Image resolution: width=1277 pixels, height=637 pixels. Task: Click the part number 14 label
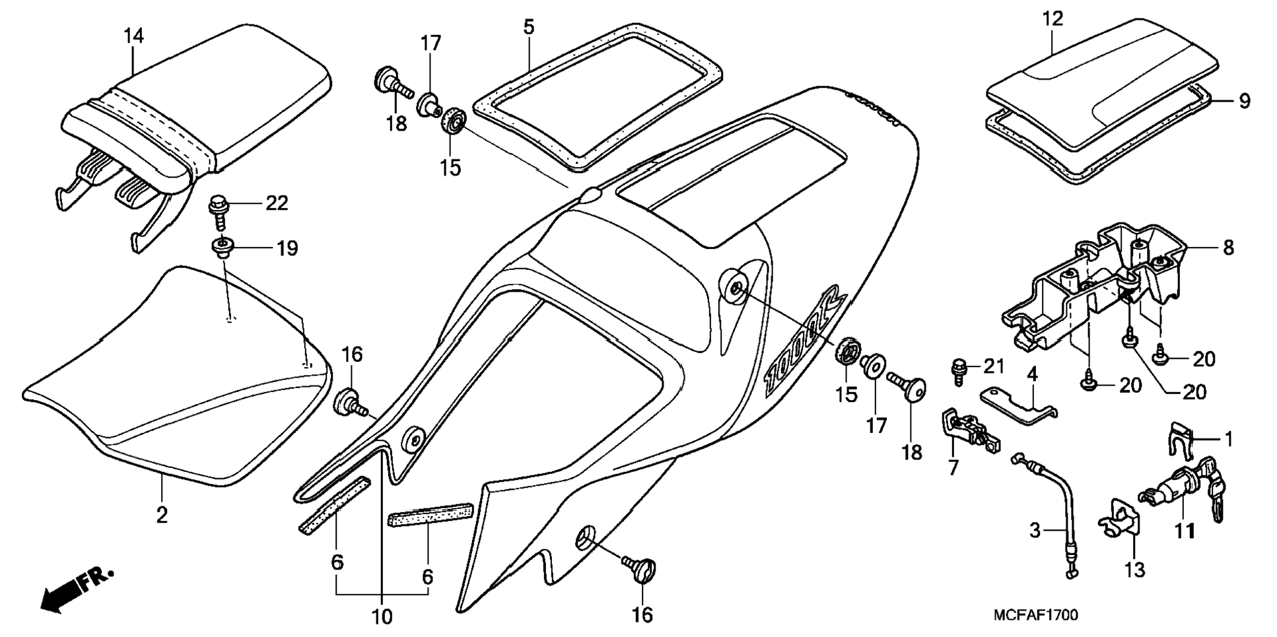click(x=133, y=36)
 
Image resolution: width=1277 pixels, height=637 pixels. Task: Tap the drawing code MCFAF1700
click(x=1035, y=615)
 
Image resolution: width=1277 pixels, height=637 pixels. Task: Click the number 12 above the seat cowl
click(x=1053, y=18)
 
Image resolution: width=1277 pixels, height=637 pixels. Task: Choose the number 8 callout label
click(x=1227, y=248)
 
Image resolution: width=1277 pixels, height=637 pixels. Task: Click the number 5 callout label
click(x=529, y=27)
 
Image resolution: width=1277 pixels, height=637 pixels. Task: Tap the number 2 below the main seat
click(x=162, y=515)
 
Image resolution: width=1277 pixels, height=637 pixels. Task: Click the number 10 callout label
click(x=382, y=617)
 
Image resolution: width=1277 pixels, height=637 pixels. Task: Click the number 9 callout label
click(x=1244, y=101)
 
